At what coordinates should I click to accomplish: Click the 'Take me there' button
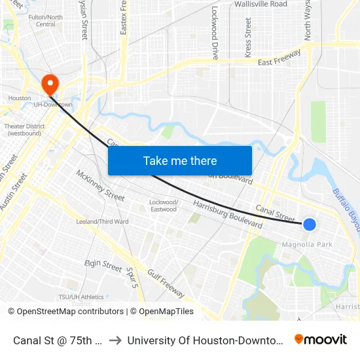180,160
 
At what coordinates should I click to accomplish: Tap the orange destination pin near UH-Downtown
50,84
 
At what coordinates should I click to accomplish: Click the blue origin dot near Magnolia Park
310,225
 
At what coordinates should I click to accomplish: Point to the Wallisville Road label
261,4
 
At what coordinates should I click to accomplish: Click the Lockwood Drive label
215,33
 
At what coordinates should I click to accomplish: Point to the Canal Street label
275,212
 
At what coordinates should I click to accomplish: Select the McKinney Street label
100,186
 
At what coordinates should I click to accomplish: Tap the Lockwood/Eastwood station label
163,206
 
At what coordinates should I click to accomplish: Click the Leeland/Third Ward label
102,222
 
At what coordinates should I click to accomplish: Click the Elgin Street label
103,266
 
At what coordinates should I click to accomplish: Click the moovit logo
321,339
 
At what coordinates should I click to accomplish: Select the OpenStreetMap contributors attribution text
70,312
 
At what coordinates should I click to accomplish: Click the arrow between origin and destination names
114,340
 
